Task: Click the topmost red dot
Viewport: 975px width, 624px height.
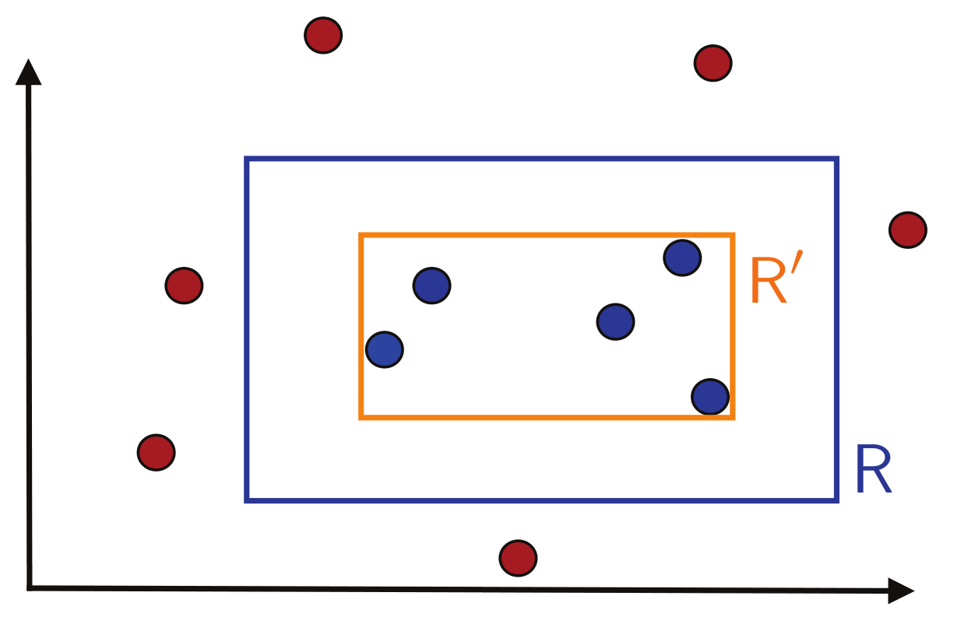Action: coord(323,35)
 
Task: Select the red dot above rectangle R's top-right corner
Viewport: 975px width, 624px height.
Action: coord(713,62)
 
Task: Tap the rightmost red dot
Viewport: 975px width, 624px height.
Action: coord(908,230)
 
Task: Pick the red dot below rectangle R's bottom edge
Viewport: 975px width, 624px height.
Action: coord(518,558)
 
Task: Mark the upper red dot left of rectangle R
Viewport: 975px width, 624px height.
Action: coord(184,286)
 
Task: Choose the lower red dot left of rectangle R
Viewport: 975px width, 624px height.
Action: coord(156,452)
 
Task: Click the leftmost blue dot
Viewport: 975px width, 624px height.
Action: coord(385,349)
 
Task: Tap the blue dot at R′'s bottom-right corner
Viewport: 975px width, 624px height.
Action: coord(709,397)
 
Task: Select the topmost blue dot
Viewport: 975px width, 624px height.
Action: coord(682,258)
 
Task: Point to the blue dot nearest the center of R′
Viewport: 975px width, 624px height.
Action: coord(616,321)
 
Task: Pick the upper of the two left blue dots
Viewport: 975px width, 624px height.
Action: coord(431,286)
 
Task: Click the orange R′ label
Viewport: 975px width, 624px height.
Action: coord(773,280)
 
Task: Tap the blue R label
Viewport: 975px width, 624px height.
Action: coord(872,470)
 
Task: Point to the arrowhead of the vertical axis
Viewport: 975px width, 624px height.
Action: coord(28,72)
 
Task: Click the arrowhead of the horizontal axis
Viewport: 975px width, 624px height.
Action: coord(900,591)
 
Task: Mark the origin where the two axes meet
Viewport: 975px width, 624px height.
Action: coord(30,588)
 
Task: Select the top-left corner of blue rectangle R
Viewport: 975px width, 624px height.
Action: coord(247,160)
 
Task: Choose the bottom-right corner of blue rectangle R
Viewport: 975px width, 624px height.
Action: coord(836,500)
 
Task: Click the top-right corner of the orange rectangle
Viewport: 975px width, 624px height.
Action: coord(732,235)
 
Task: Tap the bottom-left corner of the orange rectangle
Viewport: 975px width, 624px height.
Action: coord(361,417)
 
